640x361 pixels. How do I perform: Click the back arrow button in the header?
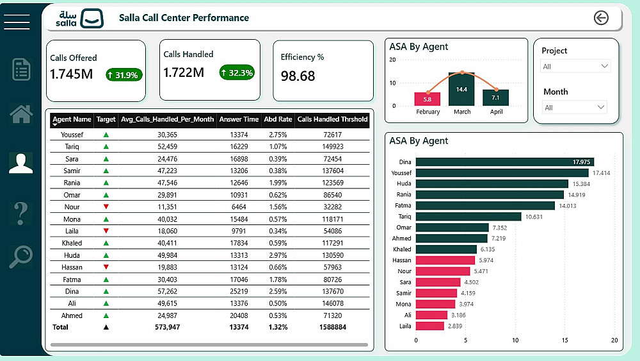(x=601, y=18)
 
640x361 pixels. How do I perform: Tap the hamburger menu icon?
(x=17, y=21)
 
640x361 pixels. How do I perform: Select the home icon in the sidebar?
(x=21, y=114)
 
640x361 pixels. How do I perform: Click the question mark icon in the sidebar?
(x=20, y=211)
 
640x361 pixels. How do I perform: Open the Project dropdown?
(x=576, y=66)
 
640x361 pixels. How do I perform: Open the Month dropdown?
(x=574, y=107)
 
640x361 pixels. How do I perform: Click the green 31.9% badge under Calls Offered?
(x=124, y=75)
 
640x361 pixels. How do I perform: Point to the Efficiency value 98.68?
(x=298, y=76)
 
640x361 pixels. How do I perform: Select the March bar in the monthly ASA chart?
(x=461, y=89)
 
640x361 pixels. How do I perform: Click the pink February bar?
(x=428, y=99)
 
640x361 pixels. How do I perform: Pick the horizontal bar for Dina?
(x=504, y=162)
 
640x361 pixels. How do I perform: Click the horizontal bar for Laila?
(x=430, y=326)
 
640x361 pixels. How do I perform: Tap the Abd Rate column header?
(x=278, y=119)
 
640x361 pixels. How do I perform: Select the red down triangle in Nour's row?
(x=106, y=207)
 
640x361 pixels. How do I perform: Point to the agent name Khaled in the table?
(x=72, y=243)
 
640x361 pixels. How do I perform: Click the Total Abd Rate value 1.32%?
(x=278, y=327)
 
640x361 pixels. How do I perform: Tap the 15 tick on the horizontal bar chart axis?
(x=564, y=340)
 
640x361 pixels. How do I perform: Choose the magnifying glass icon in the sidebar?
(x=20, y=256)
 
